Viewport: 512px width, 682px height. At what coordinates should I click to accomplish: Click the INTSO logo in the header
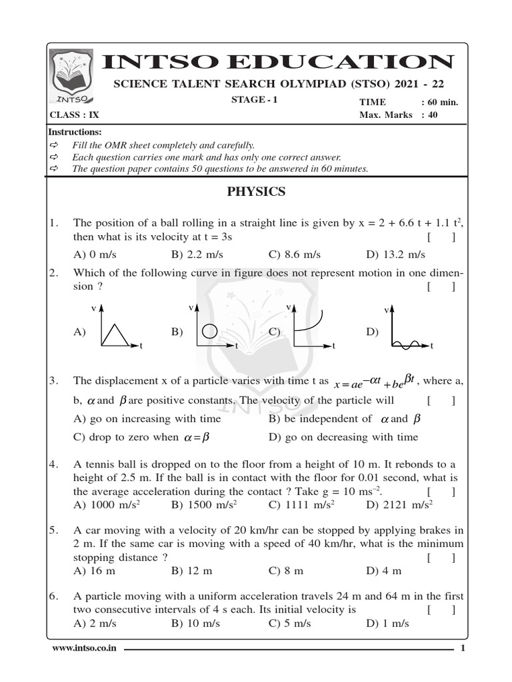[x=72, y=77]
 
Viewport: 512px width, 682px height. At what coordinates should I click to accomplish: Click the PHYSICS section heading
[x=256, y=192]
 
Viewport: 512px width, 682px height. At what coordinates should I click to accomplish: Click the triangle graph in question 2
[x=116, y=330]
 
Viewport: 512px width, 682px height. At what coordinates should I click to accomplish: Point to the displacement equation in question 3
[x=375, y=381]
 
